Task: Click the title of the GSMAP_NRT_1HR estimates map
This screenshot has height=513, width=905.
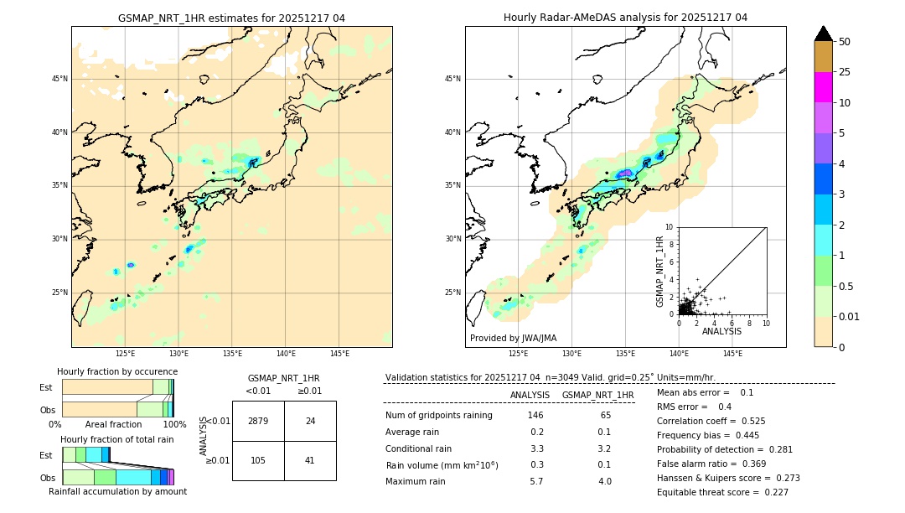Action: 231,18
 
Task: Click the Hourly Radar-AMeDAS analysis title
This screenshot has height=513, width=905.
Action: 625,18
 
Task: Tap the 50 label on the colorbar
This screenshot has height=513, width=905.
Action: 845,41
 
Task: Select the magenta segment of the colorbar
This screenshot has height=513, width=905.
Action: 823,87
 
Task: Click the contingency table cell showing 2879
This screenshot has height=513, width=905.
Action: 258,421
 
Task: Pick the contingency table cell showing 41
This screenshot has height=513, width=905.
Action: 310,460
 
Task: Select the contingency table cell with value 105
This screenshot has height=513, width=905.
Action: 258,460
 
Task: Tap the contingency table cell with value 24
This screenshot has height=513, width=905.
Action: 310,421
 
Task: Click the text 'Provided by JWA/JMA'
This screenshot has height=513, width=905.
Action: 513,338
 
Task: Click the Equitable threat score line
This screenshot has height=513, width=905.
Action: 722,492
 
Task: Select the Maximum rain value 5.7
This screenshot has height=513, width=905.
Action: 536,481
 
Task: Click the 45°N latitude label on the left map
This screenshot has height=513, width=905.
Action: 59,79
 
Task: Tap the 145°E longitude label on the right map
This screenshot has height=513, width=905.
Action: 732,354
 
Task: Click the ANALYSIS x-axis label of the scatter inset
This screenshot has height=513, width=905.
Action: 721,331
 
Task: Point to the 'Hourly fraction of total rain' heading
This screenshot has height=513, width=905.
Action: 117,439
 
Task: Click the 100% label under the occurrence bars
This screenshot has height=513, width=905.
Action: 174,424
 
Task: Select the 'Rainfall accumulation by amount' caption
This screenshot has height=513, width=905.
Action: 117,491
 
